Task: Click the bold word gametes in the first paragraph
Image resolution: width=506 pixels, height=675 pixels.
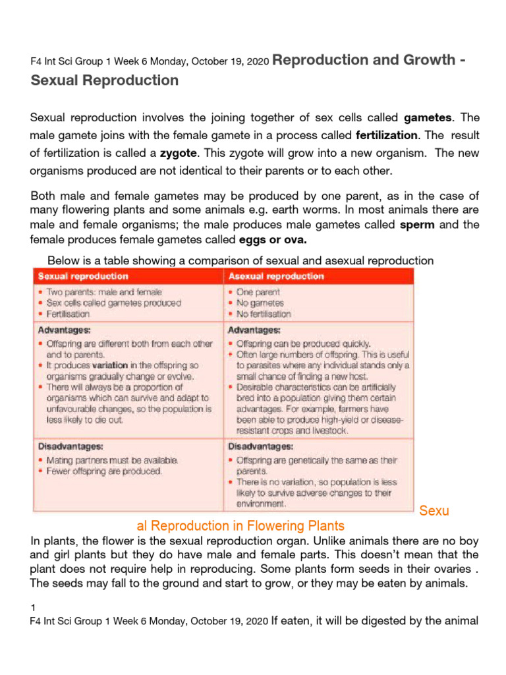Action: point(428,118)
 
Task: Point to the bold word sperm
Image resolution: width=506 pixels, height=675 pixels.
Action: point(418,224)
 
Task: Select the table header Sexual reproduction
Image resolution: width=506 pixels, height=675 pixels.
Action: point(83,276)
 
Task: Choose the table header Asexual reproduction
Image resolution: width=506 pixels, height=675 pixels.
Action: point(276,276)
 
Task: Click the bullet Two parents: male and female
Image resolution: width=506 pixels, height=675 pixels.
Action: point(103,291)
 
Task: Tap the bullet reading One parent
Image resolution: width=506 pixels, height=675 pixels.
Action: point(258,291)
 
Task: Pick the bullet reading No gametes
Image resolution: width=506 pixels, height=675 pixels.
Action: point(260,303)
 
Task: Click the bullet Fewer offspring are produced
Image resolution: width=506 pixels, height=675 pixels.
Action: point(103,471)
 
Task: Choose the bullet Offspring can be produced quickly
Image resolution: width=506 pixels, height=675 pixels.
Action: point(303,343)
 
